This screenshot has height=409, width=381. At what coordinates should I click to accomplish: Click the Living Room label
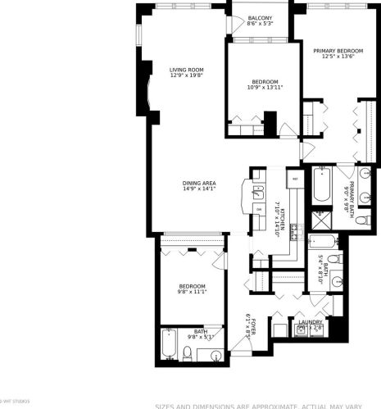(187, 70)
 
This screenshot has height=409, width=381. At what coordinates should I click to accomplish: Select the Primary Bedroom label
(338, 51)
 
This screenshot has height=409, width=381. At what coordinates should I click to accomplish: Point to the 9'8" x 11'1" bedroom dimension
(192, 292)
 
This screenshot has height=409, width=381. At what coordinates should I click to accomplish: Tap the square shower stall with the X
(317, 222)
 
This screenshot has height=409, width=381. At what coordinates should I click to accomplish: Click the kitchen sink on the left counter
(256, 194)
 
